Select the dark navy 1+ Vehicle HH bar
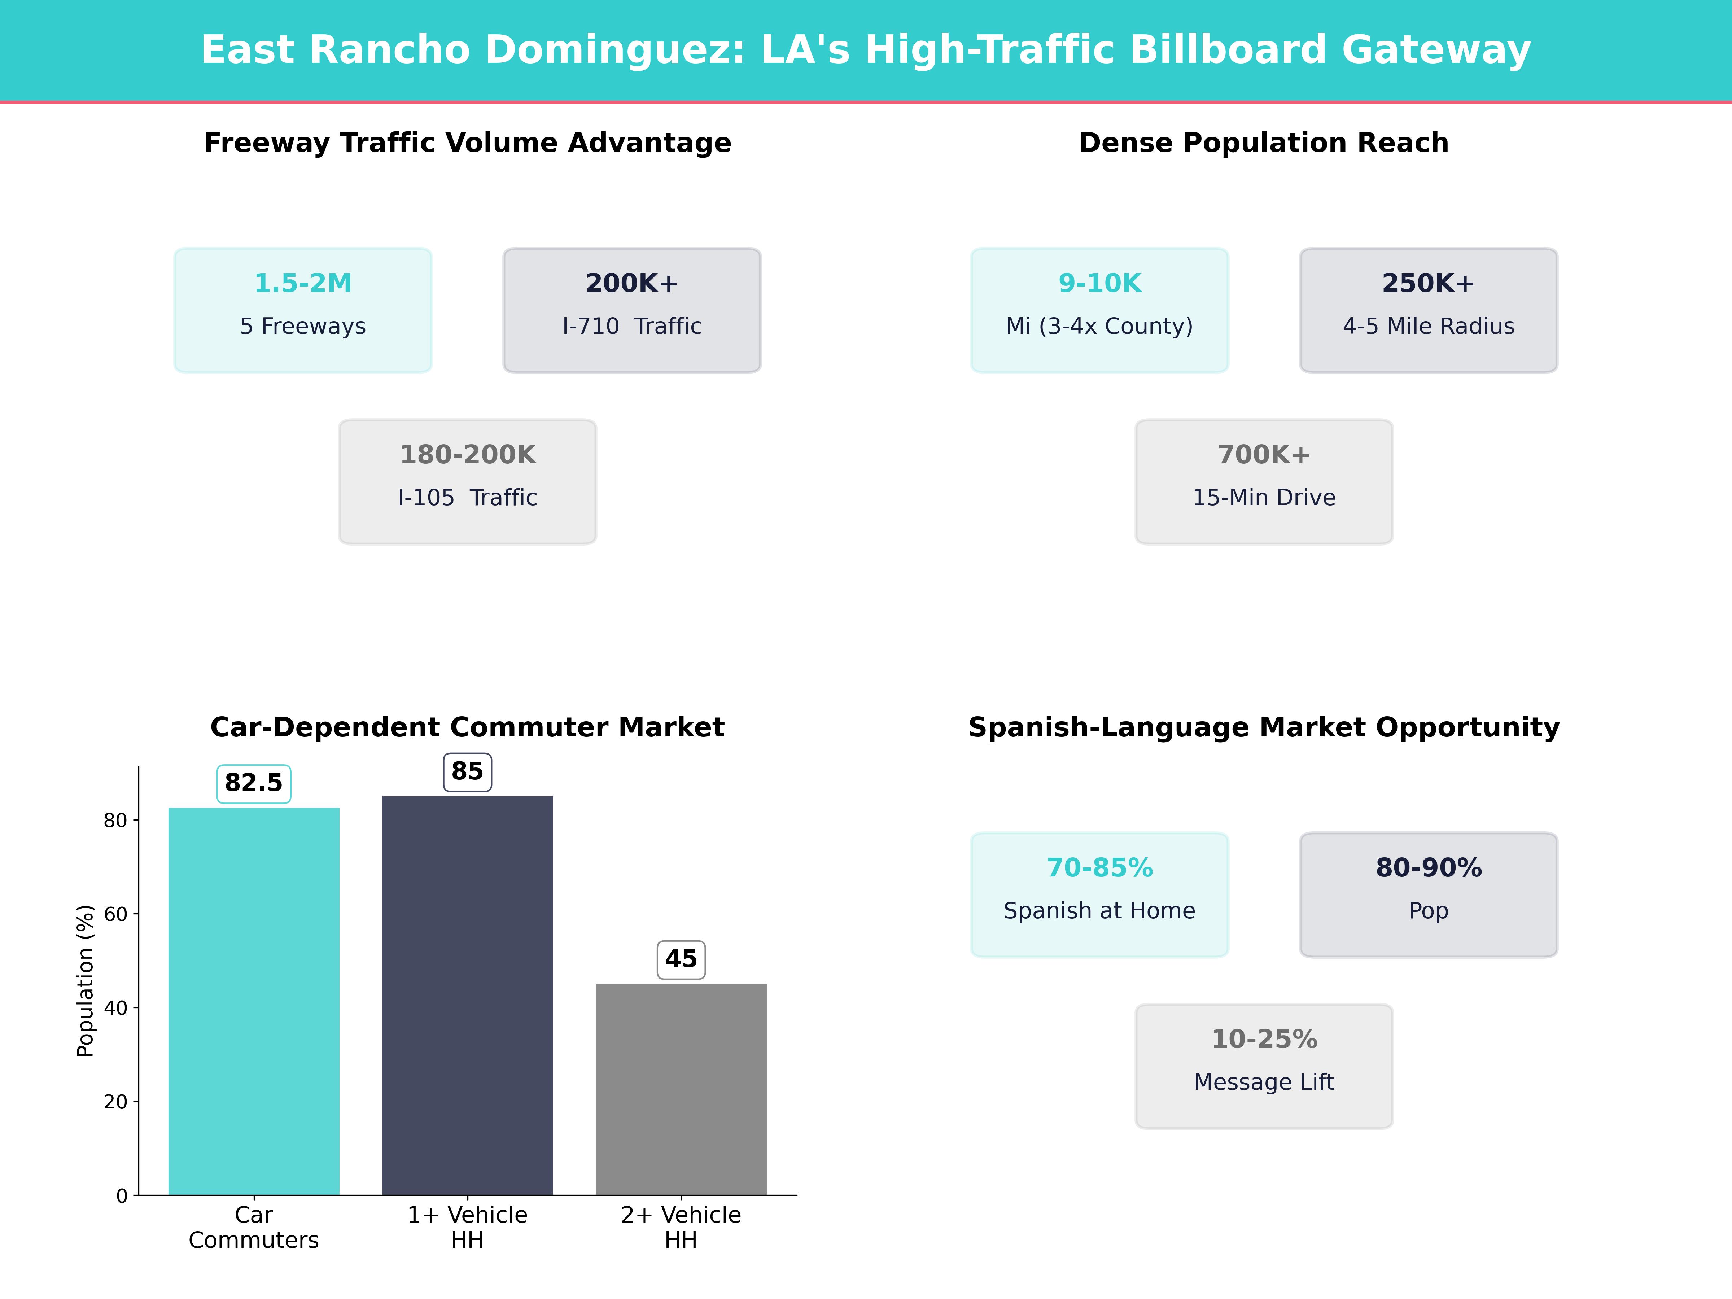(467, 994)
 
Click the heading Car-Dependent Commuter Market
(467, 727)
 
